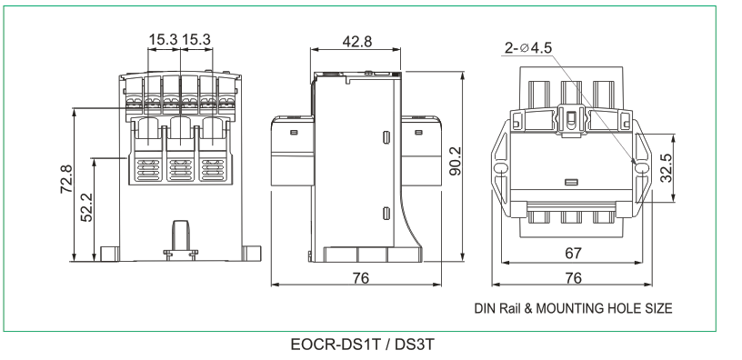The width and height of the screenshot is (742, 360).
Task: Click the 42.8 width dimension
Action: [356, 42]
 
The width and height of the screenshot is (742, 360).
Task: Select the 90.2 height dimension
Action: [456, 161]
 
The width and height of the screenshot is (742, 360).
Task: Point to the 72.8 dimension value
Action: [66, 179]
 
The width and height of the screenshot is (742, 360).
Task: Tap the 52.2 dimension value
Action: [87, 207]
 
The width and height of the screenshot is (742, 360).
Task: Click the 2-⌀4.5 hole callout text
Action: [528, 48]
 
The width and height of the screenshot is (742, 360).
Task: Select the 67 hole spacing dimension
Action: [573, 254]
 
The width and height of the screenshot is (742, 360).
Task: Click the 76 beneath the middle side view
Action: [361, 277]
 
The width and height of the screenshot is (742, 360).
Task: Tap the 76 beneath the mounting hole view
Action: [573, 277]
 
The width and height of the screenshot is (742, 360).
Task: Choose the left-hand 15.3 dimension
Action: [164, 40]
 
